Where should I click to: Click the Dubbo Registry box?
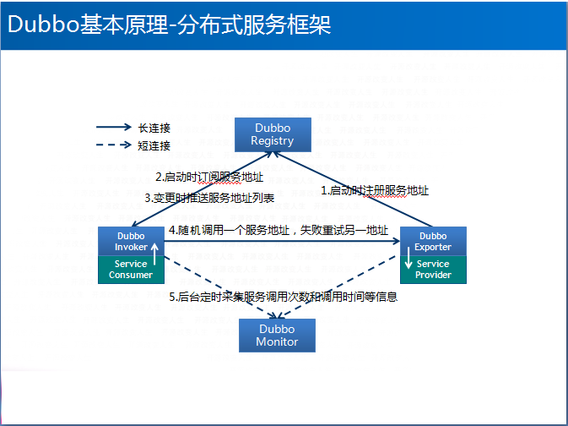pyautogui.click(x=272, y=134)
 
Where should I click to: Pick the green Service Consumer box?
pyautogui.click(x=130, y=269)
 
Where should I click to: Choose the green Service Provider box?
pyautogui.click(x=433, y=269)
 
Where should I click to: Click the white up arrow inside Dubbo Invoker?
pyautogui.click(x=154, y=247)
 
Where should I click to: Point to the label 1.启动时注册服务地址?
pyautogui.click(x=375, y=191)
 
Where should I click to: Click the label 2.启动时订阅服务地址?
pyautogui.click(x=208, y=177)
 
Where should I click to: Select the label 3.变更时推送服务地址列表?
pyautogui.click(x=208, y=198)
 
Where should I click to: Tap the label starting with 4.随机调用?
pyautogui.click(x=279, y=230)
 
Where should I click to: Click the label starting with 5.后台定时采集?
pyautogui.click(x=283, y=297)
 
